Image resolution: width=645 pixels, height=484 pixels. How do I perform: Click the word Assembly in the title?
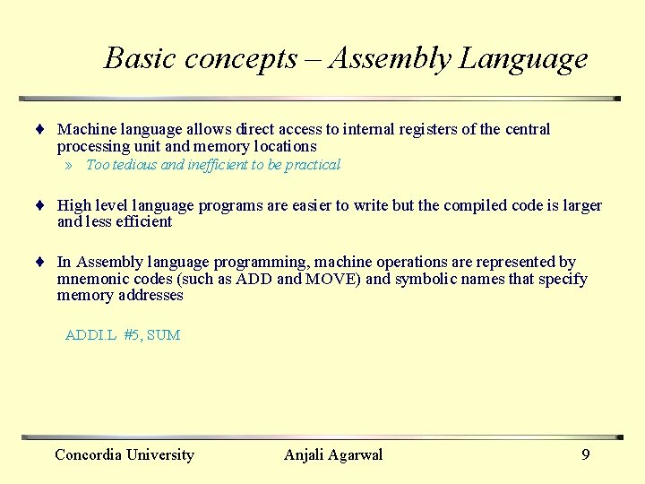[390, 59]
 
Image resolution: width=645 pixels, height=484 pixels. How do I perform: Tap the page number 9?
[586, 455]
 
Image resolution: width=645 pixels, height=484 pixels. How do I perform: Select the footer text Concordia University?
[125, 455]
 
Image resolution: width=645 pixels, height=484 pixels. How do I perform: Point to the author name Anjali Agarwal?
[333, 455]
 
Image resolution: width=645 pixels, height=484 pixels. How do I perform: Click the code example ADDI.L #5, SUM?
[123, 335]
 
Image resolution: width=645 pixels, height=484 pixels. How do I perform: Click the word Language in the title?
[523, 59]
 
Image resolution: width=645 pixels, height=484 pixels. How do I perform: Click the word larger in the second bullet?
[581, 206]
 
